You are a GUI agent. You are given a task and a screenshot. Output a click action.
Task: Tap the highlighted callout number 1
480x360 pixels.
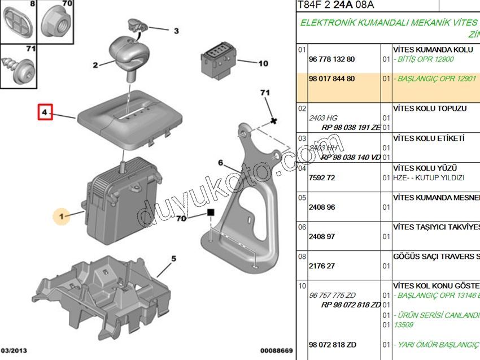(63, 215)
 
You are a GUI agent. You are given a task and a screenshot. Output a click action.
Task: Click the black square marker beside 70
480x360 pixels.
(211, 214)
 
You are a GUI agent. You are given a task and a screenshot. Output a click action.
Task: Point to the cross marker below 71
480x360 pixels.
(273, 121)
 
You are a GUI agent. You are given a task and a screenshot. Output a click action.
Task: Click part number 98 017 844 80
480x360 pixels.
(332, 79)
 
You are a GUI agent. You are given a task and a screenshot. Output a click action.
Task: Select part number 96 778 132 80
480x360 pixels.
(332, 59)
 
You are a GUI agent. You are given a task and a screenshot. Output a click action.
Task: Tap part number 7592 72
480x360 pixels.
(322, 178)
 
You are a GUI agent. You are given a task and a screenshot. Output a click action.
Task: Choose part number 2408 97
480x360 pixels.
(322, 237)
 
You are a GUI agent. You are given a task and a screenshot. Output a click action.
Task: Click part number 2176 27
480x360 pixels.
(322, 266)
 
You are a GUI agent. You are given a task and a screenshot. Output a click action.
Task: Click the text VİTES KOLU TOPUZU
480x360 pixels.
(429, 109)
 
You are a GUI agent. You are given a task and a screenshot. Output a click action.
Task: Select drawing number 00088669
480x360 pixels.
(277, 351)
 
